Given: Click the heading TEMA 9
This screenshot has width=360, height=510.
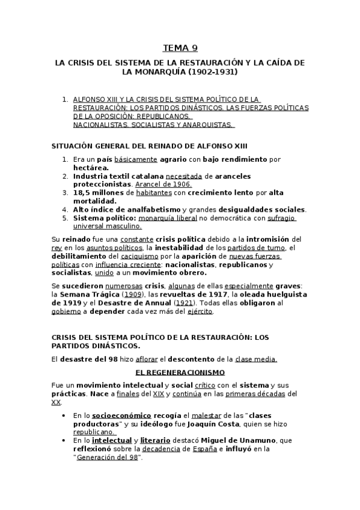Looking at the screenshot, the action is coord(180,48).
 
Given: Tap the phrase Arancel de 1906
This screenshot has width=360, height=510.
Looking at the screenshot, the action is coord(163,184).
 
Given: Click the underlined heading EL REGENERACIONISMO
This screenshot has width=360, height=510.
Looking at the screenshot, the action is coord(180,372).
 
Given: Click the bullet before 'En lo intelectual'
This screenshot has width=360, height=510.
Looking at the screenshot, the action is coord(64,440).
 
